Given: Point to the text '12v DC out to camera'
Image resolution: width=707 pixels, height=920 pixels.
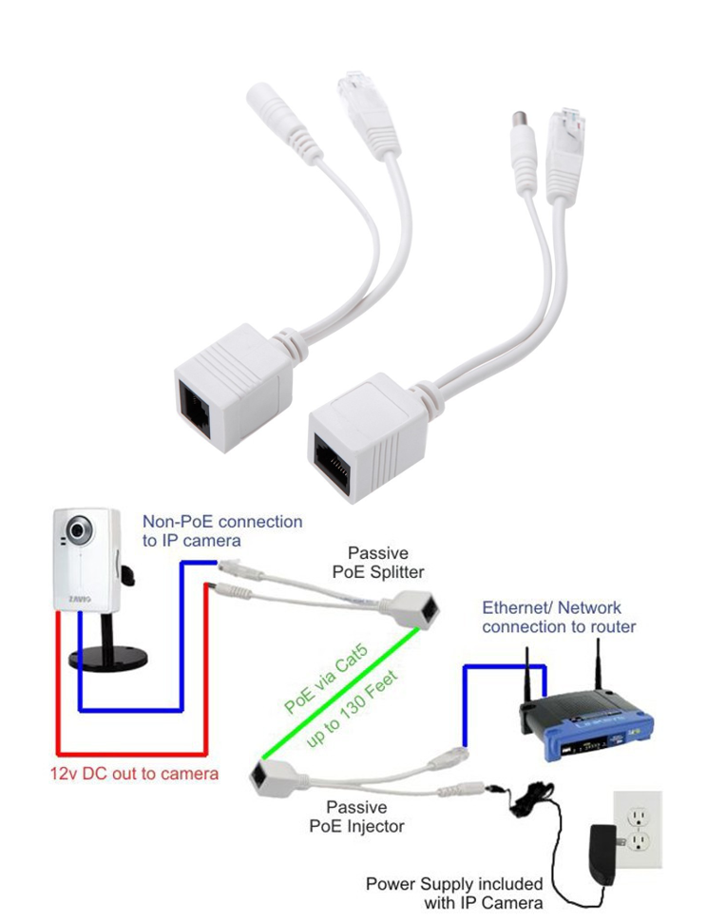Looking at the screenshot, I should pos(134,773).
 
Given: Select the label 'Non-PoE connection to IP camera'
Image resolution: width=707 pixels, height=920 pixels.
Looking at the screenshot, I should pos(222,530).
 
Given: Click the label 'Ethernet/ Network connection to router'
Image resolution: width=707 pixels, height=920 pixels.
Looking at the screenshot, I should pos(559,617).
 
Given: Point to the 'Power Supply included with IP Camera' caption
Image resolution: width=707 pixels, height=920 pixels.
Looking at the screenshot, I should pos(454,892).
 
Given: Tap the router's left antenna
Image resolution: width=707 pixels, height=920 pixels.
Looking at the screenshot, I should pos(525,674).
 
